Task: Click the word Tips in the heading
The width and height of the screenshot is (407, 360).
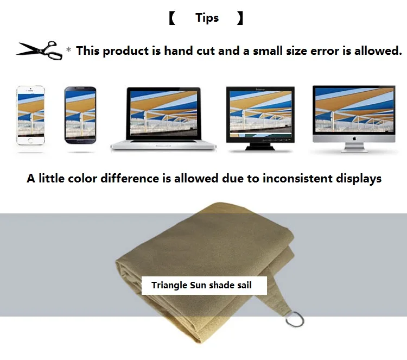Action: [x=207, y=18]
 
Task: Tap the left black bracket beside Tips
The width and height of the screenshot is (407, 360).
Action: [x=172, y=18]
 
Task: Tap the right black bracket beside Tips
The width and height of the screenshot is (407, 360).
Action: [x=240, y=18]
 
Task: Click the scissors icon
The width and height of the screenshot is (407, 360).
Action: [x=39, y=50]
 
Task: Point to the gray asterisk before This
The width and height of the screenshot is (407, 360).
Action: [x=68, y=49]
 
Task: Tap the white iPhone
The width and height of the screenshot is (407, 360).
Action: [x=30, y=115]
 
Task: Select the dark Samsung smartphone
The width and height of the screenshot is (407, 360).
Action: [x=80, y=115]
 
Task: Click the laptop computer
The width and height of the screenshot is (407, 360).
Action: [x=163, y=118]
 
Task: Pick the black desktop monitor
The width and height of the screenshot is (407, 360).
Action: [x=260, y=118]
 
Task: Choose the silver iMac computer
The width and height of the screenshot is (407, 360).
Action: [x=354, y=119]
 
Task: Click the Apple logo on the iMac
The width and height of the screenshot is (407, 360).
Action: [x=354, y=138]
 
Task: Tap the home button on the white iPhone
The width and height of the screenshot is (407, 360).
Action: [x=30, y=141]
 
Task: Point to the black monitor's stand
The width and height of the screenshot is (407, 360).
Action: [x=260, y=147]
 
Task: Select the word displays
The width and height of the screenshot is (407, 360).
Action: [x=359, y=179]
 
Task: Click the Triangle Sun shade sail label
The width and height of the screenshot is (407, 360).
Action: [x=204, y=286]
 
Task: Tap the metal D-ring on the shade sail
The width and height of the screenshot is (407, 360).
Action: [x=295, y=319]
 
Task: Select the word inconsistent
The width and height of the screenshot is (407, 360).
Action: [x=297, y=179]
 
